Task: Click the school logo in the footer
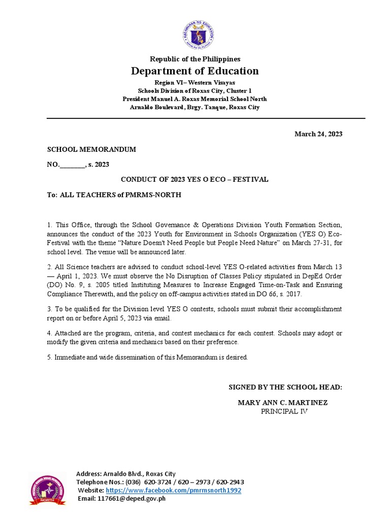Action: pyautogui.click(x=47, y=491)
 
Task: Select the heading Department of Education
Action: pyautogui.click(x=195, y=71)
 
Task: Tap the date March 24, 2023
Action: pyautogui.click(x=318, y=134)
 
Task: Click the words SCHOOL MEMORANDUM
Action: pyautogui.click(x=91, y=149)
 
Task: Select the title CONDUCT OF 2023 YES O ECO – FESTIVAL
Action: pyautogui.click(x=194, y=179)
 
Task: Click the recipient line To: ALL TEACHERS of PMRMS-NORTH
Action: pyautogui.click(x=114, y=194)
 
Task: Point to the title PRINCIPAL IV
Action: pyautogui.click(x=284, y=411)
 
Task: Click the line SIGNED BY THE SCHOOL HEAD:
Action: pyautogui.click(x=285, y=387)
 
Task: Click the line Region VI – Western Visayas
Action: pyautogui.click(x=195, y=82)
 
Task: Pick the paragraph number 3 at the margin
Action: pyautogui.click(x=49, y=309)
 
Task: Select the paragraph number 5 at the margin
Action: pyautogui.click(x=49, y=357)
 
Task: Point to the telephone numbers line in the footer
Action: pyautogui.click(x=160, y=482)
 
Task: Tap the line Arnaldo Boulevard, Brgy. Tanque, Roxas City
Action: pyautogui.click(x=195, y=107)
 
